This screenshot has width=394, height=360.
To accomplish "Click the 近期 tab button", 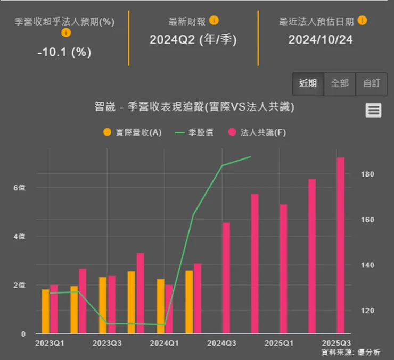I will click(308, 83).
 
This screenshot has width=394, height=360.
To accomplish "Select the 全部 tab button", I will click(340, 83).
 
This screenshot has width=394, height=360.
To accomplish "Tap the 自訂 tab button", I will click(372, 83).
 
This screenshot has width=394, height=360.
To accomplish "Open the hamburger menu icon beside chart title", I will click(373, 110).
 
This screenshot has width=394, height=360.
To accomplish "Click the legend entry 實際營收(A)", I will click(133, 132).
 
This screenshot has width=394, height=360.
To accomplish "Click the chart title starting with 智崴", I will click(194, 107).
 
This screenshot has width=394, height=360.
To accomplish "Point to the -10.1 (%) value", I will click(64, 52).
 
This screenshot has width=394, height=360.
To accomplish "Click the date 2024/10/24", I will click(320, 40).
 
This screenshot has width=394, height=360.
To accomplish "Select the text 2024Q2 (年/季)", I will click(193, 40).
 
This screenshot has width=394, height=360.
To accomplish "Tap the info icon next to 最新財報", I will click(214, 21).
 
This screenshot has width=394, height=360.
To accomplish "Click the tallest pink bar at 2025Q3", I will click(340, 245).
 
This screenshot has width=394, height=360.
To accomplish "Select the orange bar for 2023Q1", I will click(45, 311).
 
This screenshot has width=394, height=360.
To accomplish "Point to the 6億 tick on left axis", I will click(19, 188).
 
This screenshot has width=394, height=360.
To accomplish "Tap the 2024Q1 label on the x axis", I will click(165, 343).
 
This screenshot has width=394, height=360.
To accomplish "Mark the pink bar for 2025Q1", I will click(283, 269).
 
